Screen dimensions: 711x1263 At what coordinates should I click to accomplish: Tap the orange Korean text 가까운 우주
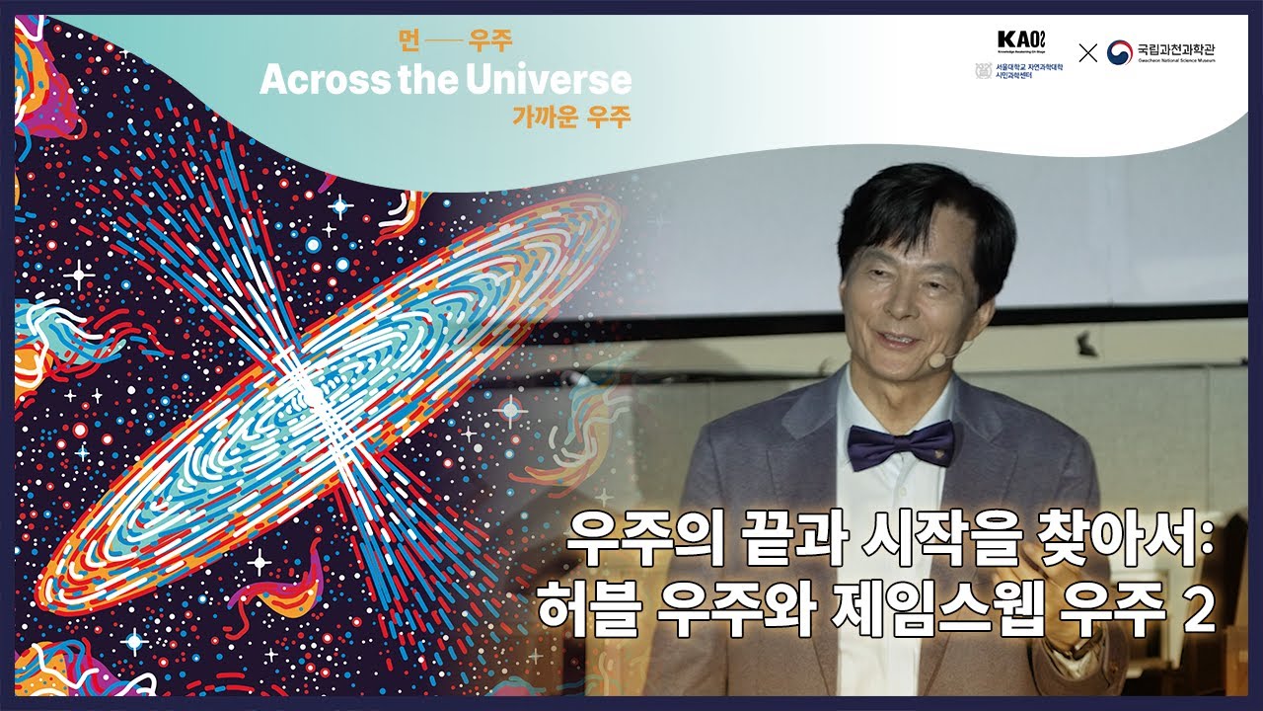point(570,116)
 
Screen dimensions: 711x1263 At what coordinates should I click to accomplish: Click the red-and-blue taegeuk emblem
point(1119,52)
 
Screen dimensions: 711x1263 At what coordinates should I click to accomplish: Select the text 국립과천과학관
point(1189,48)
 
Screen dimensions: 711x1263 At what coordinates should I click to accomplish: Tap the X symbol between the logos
point(1087,53)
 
